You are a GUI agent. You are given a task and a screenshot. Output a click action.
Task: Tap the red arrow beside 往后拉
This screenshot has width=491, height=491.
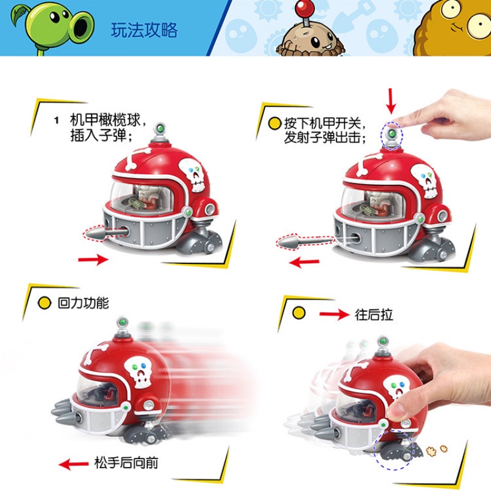pyautogui.click(x=334, y=315)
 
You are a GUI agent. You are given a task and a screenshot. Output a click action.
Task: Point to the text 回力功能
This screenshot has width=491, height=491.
pyautogui.click(x=82, y=303)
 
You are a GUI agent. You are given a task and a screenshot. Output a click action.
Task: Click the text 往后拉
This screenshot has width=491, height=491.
pyautogui.click(x=374, y=315)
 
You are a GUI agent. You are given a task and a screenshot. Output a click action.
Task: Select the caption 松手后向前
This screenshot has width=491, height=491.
pyautogui.click(x=126, y=463)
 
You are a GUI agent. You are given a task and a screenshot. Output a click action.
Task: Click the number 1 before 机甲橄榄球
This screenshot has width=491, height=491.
pyautogui.click(x=56, y=120)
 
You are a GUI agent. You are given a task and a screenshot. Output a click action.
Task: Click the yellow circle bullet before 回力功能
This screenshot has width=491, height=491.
pyautogui.click(x=44, y=303)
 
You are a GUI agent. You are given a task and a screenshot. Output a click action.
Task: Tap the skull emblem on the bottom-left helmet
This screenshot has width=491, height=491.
pyautogui.click(x=139, y=371)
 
